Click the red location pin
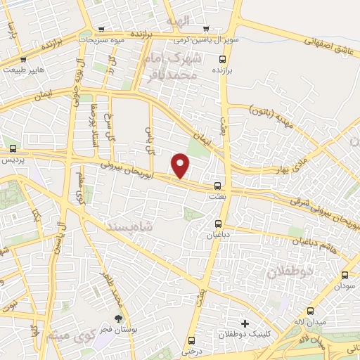[x=181, y=167]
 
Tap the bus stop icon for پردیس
[x=14, y=148]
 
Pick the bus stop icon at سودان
[x=345, y=276]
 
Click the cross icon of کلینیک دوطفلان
[x=245, y=323]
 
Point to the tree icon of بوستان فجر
[x=125, y=319]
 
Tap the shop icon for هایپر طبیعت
[x=25, y=59]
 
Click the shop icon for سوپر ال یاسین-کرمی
[x=205, y=30]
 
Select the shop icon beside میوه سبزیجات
[x=103, y=30]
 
